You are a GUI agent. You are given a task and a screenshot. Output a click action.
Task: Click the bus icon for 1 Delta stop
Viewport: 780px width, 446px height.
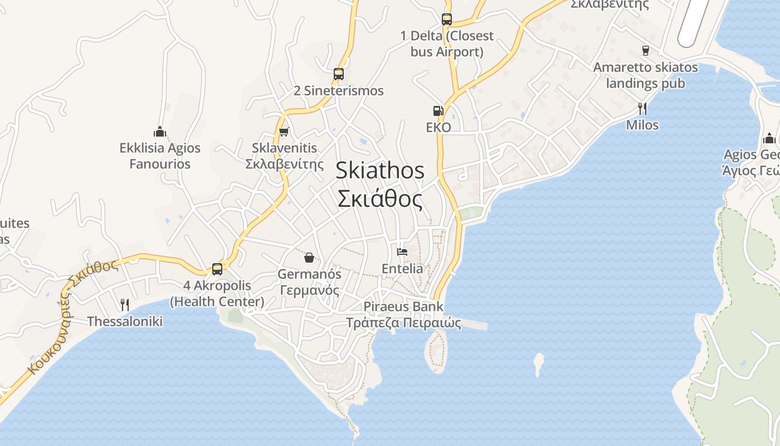pos(446,19)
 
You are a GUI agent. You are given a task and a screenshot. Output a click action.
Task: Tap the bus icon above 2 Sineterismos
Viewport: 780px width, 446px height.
pos(338,74)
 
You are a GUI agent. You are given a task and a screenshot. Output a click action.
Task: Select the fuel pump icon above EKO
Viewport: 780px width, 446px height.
pos(438,111)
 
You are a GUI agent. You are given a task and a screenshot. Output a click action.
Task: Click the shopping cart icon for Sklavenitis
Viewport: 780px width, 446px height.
pos(284,132)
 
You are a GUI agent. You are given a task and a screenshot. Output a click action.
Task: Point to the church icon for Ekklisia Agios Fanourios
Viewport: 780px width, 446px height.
pos(160,132)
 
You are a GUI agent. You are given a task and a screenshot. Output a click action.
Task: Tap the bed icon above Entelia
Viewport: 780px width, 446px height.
pos(402,252)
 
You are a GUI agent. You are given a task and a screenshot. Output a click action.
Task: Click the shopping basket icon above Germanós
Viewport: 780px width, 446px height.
pos(309,257)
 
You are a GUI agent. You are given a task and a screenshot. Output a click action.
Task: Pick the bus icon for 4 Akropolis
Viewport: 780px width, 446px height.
pos(217,269)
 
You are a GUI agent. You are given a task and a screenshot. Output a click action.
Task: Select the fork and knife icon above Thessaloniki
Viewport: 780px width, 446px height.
pos(125,305)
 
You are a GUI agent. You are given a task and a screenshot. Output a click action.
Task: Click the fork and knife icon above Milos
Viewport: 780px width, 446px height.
pos(642,108)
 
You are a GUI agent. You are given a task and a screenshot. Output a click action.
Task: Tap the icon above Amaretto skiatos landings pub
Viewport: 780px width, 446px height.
pos(646,51)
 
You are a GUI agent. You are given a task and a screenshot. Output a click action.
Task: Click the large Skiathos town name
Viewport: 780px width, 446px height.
pos(380,171)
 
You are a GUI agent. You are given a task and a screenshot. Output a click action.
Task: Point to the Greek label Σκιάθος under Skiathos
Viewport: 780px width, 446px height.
pos(380,199)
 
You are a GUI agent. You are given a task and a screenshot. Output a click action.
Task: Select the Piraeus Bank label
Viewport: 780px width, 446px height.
pos(403,307)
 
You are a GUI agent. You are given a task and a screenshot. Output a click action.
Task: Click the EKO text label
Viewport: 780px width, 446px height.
pos(438,128)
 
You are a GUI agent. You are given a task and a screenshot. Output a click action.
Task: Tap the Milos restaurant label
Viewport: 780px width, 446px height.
pos(642,125)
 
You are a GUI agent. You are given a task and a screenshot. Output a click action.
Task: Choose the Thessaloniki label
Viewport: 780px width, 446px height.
pos(125,322)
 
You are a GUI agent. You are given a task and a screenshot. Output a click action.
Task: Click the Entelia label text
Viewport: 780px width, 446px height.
pos(402,269)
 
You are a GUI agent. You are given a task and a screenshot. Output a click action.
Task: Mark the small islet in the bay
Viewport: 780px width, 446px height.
pos(538,363)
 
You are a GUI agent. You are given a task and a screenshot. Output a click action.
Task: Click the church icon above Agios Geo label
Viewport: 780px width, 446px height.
pos(769,138)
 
